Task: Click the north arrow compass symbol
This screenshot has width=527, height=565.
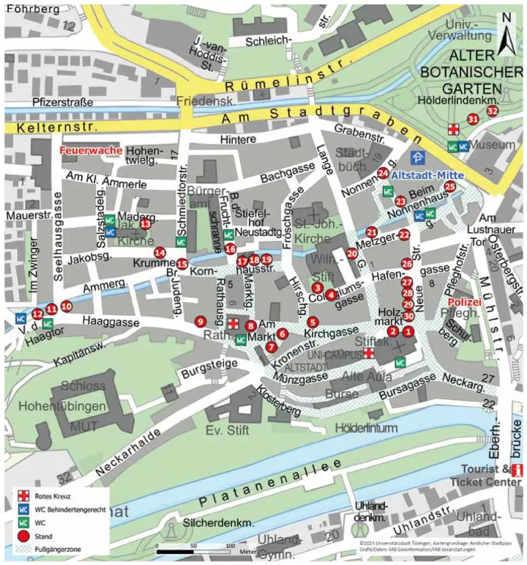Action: pyautogui.click(x=506, y=34)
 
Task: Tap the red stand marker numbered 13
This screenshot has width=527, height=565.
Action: pyautogui.click(x=145, y=224)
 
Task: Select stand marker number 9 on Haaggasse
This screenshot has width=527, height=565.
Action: pyautogui.click(x=200, y=321)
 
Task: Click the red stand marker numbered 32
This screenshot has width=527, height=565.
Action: pyautogui.click(x=492, y=111)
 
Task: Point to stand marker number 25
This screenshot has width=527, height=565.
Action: pyautogui.click(x=450, y=187)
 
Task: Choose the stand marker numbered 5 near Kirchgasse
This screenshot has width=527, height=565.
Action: pyautogui.click(x=313, y=322)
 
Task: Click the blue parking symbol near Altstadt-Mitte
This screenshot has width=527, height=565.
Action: pyautogui.click(x=416, y=158)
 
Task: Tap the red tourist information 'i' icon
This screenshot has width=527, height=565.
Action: pyautogui.click(x=518, y=470)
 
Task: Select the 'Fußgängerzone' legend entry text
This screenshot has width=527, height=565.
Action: pyautogui.click(x=62, y=547)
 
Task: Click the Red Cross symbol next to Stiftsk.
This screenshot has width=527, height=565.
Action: pyautogui.click(x=370, y=353)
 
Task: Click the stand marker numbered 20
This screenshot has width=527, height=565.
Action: pyautogui.click(x=352, y=254)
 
